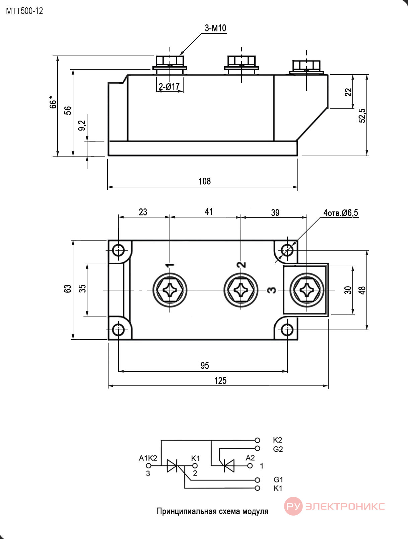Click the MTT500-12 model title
(x=24, y=11)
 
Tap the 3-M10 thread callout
(x=215, y=28)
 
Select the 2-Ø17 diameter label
(x=169, y=86)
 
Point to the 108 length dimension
(x=204, y=181)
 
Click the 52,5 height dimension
(x=362, y=115)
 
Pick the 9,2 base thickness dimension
(x=82, y=125)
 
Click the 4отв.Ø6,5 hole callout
(x=341, y=213)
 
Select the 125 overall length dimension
(x=220, y=381)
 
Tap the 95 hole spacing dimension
(x=204, y=365)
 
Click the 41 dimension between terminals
(x=208, y=212)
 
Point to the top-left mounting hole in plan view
(x=118, y=251)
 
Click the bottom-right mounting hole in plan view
(x=287, y=330)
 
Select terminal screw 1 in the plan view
(x=170, y=290)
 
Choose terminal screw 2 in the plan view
(x=241, y=290)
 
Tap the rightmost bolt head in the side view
(x=306, y=65)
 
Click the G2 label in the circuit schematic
(x=278, y=449)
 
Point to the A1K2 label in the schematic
(x=148, y=458)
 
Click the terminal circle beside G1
(x=257, y=480)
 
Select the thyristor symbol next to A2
(x=227, y=466)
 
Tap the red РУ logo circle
(x=293, y=506)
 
